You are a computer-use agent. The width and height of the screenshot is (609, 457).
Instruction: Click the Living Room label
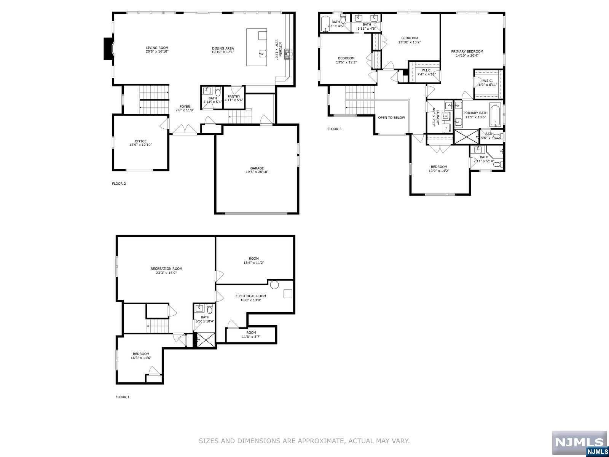[157, 48]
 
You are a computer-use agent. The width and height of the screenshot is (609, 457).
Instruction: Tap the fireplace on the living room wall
[108, 48]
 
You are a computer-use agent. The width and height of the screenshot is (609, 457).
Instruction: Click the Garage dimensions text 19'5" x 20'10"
[257, 172]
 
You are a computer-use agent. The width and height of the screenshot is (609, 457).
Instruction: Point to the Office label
[140, 141]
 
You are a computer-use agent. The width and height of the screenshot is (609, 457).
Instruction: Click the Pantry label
[234, 97]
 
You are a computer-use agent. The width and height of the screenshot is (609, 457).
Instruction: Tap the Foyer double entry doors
[184, 129]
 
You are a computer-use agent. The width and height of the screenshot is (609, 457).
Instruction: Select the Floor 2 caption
[119, 184]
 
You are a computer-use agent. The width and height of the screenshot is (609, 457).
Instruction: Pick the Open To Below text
[391, 118]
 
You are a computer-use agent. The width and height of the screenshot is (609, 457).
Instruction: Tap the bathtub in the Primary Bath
[495, 114]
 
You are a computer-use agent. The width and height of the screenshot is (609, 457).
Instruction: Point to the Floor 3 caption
[334, 129]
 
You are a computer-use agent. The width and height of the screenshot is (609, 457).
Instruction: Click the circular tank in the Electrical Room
[274, 284]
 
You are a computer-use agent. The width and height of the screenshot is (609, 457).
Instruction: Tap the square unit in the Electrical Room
[288, 294]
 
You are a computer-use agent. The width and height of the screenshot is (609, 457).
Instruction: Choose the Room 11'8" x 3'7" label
[251, 332]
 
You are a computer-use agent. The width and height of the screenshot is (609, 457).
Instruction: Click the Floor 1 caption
[122, 397]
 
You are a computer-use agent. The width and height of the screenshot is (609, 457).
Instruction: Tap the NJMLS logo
[579, 443]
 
